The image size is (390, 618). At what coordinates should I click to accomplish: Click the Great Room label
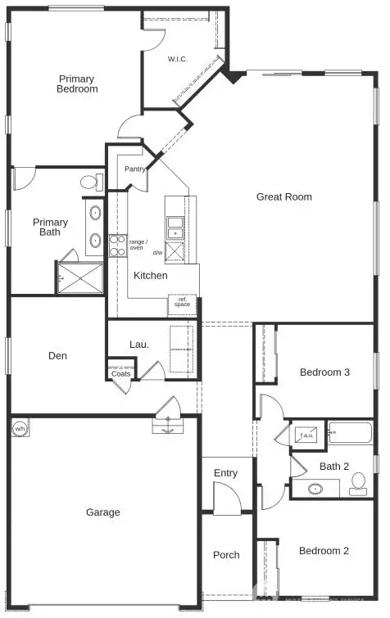(283, 196)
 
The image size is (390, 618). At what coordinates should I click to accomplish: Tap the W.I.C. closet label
(179, 59)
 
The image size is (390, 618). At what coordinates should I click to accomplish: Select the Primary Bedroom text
(77, 84)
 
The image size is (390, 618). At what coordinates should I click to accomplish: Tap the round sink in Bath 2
(315, 489)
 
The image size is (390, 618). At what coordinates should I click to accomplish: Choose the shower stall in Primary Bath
(80, 277)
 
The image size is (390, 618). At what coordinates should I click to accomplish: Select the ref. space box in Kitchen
(182, 304)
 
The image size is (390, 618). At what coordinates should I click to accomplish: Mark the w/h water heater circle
(20, 428)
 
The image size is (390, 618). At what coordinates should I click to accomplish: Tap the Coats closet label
(120, 374)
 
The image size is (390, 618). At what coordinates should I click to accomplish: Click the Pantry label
(134, 169)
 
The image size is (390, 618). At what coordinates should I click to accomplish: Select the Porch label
(226, 555)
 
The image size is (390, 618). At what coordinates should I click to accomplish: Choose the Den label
(57, 356)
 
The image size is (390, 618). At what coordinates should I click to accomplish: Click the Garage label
(103, 512)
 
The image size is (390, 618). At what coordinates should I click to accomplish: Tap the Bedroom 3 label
(324, 372)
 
